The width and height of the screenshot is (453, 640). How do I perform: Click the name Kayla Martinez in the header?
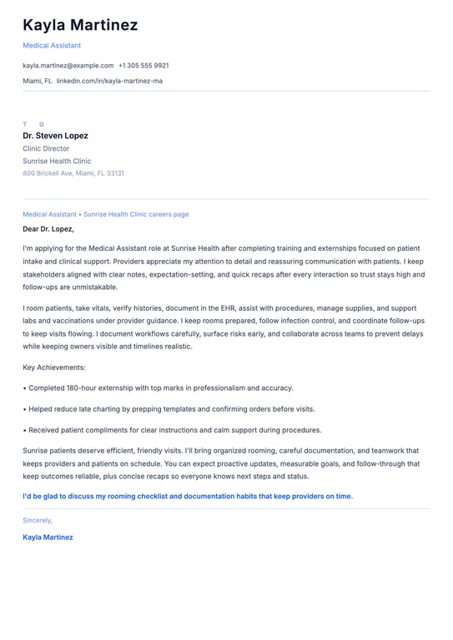[80, 25]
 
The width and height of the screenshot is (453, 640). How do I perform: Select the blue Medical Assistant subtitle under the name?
[52, 45]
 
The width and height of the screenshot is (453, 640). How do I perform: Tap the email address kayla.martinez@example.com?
[68, 65]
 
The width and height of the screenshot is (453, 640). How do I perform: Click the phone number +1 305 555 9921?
[143, 65]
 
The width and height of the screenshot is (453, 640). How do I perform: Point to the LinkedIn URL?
[109, 81]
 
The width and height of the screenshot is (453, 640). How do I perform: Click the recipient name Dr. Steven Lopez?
[55, 135]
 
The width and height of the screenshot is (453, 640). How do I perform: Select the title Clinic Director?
[46, 148]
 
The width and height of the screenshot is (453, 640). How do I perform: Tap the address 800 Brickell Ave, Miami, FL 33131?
[73, 173]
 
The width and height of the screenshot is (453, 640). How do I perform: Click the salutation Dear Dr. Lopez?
[48, 228]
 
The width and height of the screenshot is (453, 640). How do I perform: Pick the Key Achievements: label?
[54, 367]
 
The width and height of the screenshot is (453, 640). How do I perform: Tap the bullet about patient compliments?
[174, 430]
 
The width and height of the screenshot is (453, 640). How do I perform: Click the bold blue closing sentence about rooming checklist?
[188, 496]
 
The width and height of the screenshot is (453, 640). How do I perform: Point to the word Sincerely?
[38, 520]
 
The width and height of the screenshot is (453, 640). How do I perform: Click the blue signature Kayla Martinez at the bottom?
[48, 537]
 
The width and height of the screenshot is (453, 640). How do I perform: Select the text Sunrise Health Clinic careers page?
[136, 214]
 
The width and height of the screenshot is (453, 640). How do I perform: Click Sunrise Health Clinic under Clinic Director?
[57, 161]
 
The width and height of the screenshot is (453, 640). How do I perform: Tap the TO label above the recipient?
[33, 124]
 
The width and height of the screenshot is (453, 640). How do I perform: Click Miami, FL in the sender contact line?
[38, 81]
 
